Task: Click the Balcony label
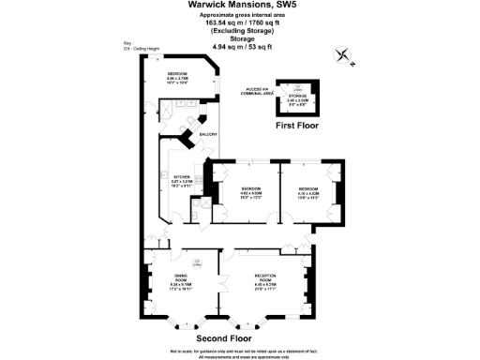(x=208, y=135)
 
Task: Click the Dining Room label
(x=182, y=278)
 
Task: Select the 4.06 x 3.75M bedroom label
(x=178, y=76)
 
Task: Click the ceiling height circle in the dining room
(x=197, y=263)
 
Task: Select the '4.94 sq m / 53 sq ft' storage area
(x=240, y=45)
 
